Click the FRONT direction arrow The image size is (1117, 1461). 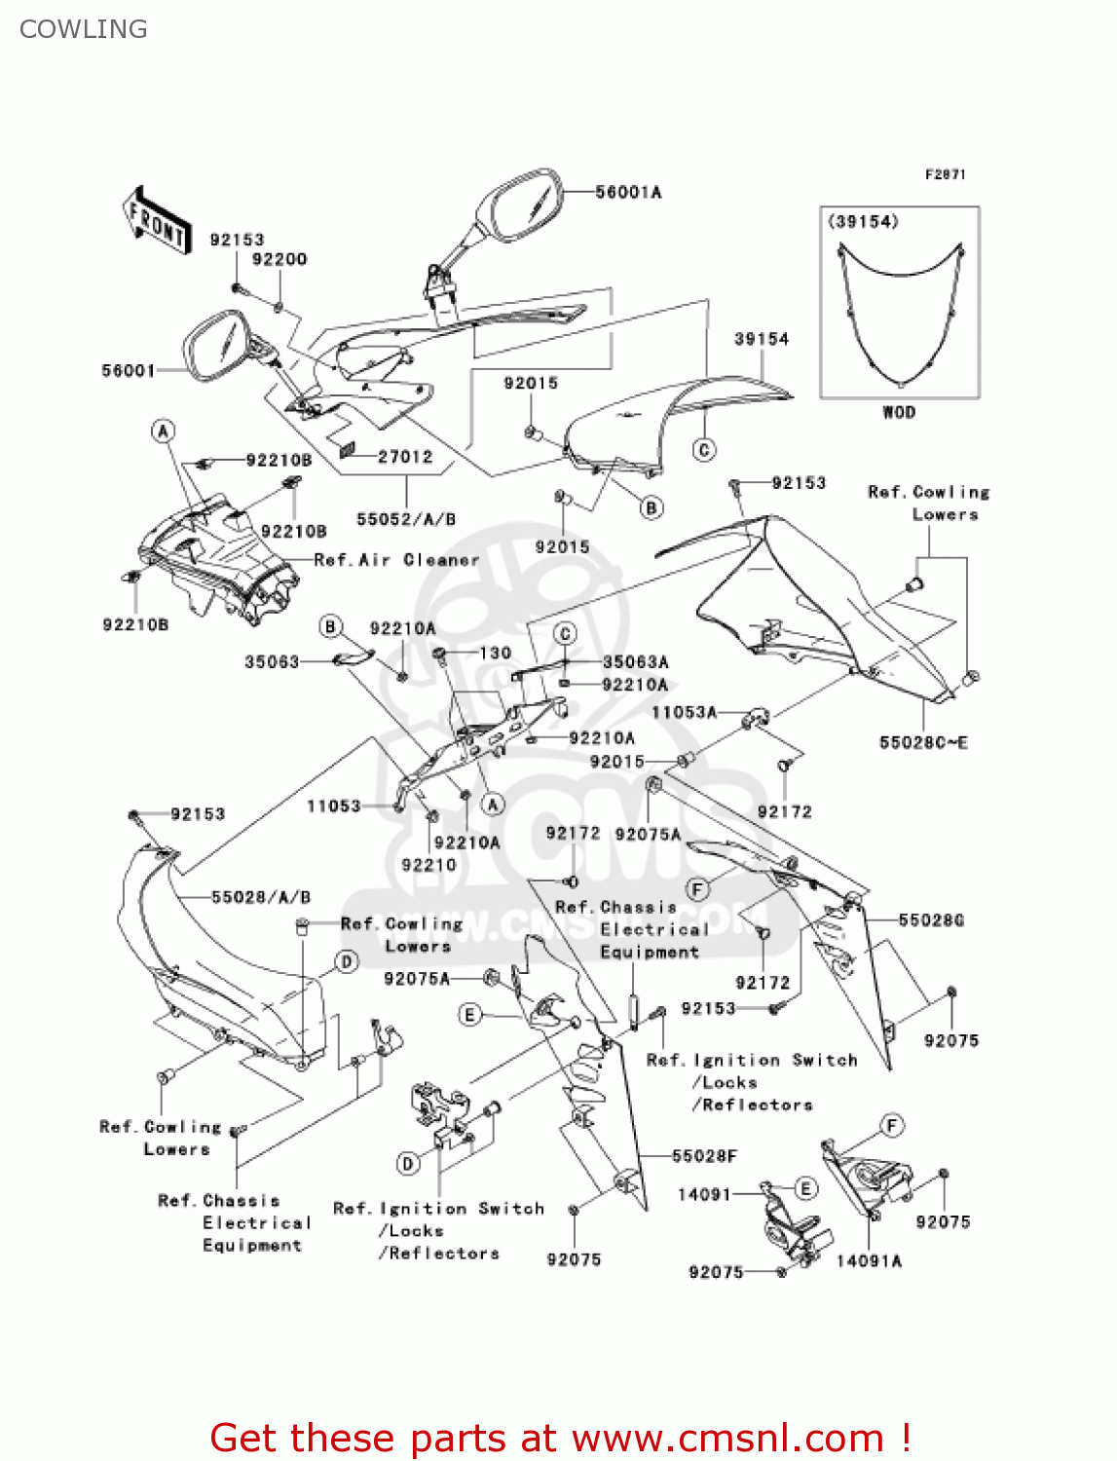(156, 221)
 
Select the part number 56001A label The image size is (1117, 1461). (628, 193)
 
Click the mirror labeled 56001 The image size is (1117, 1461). (219, 346)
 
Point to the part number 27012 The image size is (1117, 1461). (405, 457)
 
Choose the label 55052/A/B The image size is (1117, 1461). (406, 520)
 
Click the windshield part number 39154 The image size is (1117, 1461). (762, 339)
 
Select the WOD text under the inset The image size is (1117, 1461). (899, 412)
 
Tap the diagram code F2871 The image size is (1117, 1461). (945, 174)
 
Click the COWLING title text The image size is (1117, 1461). (84, 29)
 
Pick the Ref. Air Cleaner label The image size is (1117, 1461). (397, 560)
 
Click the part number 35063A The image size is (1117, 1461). (635, 662)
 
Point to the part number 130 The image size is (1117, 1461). (496, 653)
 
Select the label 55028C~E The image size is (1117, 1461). (923, 743)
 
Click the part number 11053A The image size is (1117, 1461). (684, 713)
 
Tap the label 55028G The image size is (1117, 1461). (931, 920)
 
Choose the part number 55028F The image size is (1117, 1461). (704, 1156)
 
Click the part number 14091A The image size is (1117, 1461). (869, 1261)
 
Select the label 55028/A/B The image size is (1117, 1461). (261, 897)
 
